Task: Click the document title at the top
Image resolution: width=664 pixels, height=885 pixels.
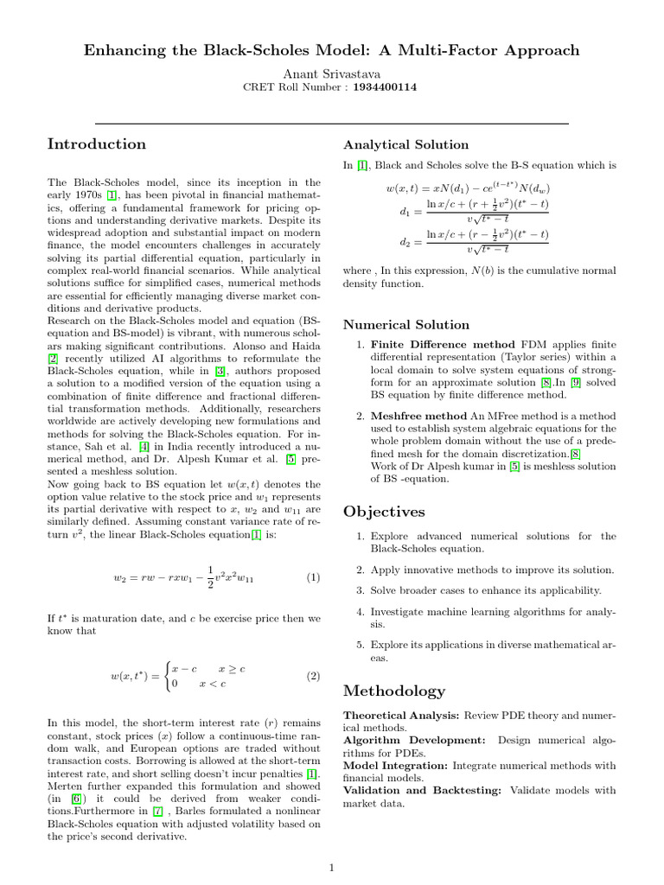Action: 331,50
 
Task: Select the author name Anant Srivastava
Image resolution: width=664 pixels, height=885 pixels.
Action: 331,73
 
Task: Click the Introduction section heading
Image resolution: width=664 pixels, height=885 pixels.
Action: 97,143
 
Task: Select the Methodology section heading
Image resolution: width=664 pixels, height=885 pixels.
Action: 394,691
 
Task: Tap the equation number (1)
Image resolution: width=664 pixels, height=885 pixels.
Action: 313,576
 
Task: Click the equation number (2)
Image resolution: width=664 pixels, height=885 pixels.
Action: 313,676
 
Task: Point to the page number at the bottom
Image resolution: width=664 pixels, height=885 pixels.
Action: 332,867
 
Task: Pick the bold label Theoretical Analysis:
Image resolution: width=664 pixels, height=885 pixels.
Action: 402,716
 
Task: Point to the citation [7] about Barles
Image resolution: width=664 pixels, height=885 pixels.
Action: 157,812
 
